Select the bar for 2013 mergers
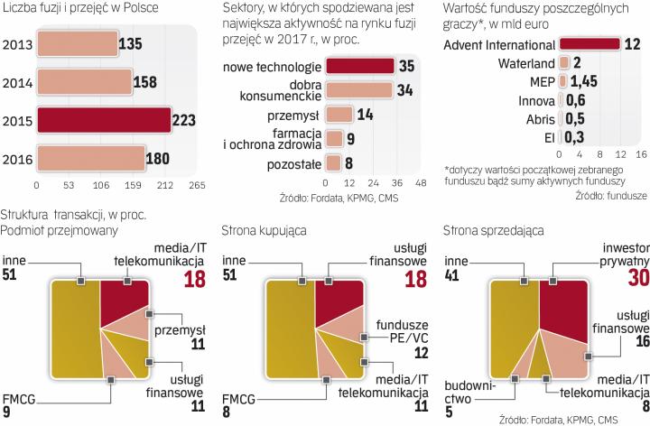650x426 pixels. click(76, 42)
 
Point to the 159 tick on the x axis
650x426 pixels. click(143, 185)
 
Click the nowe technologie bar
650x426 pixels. click(359, 66)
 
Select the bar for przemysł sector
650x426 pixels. click(339, 115)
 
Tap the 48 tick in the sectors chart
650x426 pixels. click(420, 181)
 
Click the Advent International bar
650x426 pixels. click(590, 44)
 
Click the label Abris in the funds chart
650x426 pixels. click(539, 118)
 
